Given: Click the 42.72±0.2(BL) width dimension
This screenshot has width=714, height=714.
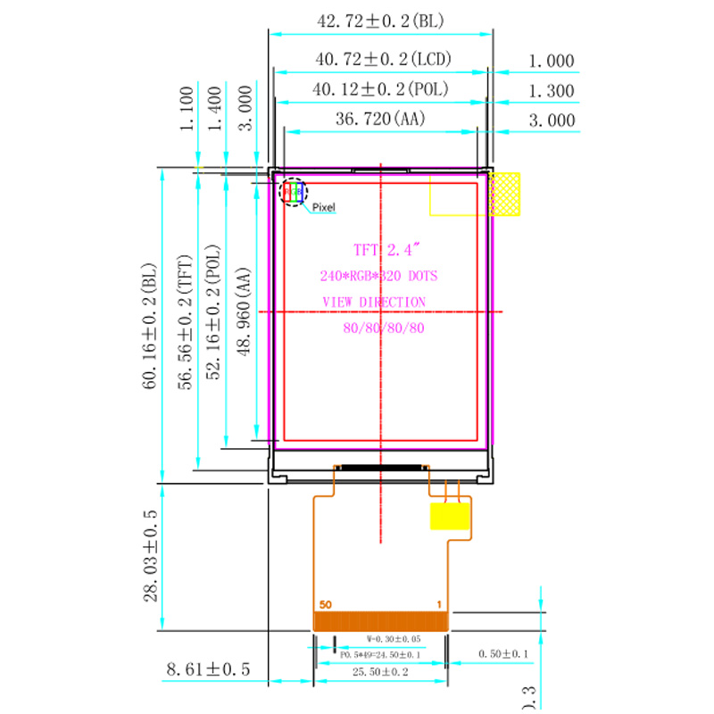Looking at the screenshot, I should point(381,18).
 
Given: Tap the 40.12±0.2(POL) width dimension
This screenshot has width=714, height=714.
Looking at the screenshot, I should point(379,89).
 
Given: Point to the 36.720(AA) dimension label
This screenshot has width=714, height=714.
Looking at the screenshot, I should point(380,119).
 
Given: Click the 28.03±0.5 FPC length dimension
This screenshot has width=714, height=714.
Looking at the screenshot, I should point(150,556).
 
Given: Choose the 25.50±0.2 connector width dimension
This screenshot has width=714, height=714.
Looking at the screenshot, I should point(381,672).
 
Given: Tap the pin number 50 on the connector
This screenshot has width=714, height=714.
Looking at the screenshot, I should point(325,604).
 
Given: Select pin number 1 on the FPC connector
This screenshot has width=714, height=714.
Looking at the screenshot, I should point(439,604).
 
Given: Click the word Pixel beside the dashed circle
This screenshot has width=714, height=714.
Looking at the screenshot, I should point(323,207).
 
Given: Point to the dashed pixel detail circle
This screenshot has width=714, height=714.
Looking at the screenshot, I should point(292,192).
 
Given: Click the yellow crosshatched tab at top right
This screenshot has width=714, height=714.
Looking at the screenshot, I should point(505,194).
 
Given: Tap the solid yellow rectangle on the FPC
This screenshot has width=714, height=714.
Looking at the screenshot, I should point(451,517).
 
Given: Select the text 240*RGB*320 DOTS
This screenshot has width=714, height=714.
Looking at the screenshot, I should point(379,276).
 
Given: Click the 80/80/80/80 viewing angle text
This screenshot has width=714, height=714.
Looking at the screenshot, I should point(384,328).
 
